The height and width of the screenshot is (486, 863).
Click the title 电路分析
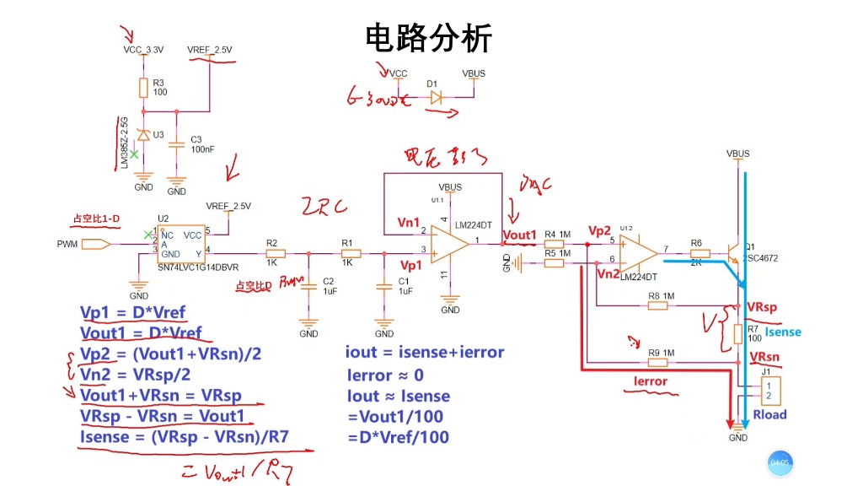pyautogui.click(x=428, y=38)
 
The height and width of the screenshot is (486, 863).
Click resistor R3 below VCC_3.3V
pyautogui.click(x=143, y=88)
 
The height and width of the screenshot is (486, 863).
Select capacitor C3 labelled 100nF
pyautogui.click(x=176, y=144)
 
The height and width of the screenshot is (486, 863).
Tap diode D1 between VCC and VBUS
pyautogui.click(x=435, y=97)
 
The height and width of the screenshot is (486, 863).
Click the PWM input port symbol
pyautogui.click(x=97, y=245)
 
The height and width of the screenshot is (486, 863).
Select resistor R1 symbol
pyautogui.click(x=351, y=252)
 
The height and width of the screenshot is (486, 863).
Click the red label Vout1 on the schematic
pyautogui.click(x=519, y=235)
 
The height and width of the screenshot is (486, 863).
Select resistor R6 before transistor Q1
pyautogui.click(x=696, y=253)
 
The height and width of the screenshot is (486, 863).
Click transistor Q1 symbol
pyautogui.click(x=732, y=252)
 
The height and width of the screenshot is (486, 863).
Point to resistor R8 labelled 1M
pyautogui.click(x=658, y=305)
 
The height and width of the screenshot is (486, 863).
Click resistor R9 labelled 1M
pyautogui.click(x=658, y=363)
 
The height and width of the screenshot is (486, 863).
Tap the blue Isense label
pyautogui.click(x=783, y=332)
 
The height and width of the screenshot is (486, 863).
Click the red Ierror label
pyautogui.click(x=651, y=381)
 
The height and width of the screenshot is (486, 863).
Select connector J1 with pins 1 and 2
pyautogui.click(x=769, y=390)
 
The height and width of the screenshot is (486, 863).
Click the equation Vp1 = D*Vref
pyautogui.click(x=132, y=313)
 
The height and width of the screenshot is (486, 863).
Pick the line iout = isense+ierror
pyautogui.click(x=425, y=353)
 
